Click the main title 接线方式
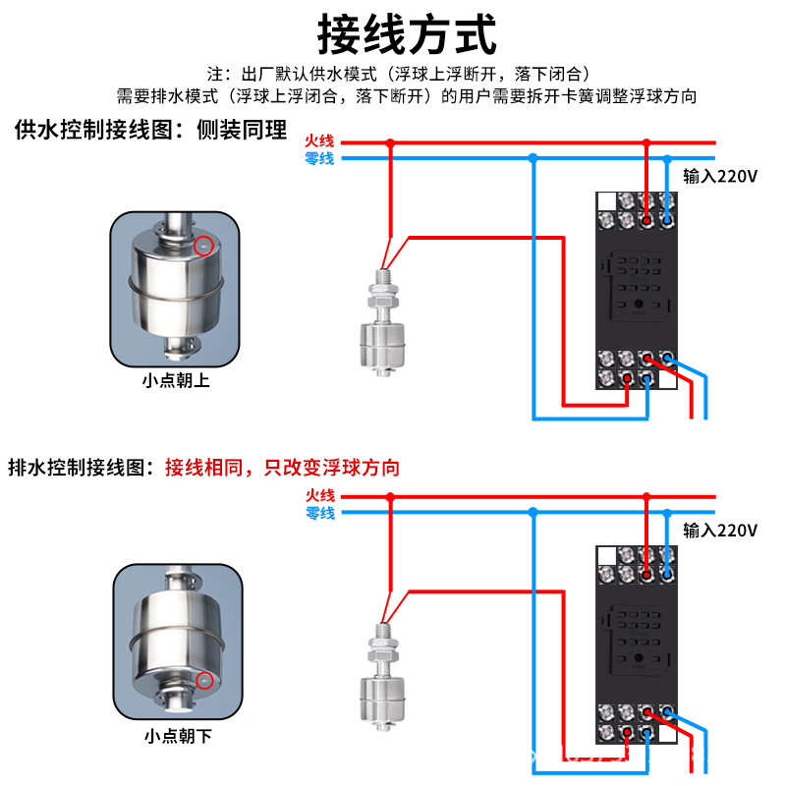pos(407,34)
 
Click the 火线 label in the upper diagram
pos(319,141)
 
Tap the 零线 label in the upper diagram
pos(319,158)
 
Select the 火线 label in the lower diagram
pos(320,496)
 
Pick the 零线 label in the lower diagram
pos(320,513)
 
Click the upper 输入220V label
pos(720,177)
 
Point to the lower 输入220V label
pos(720,531)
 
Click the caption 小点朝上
pos(176,380)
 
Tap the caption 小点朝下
pos(178,736)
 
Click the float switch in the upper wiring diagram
pos(382,323)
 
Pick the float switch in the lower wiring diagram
pos(382,677)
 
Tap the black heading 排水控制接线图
pos(77,468)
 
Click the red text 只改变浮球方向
pos(332,468)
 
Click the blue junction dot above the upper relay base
pos(667,159)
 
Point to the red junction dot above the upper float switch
pos(390,143)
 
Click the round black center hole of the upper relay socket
pos(639,304)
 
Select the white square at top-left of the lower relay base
pos(606,556)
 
